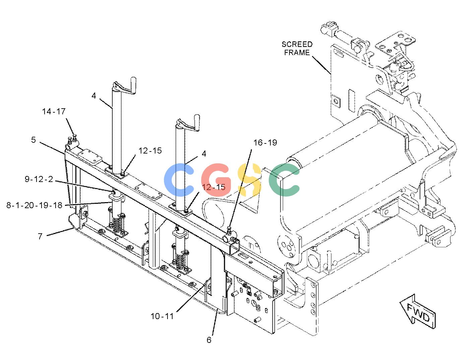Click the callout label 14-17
(x=54, y=112)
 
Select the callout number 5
(x=34, y=140)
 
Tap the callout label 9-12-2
(x=39, y=179)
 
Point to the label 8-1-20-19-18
(x=34, y=205)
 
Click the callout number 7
(x=40, y=236)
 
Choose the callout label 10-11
(x=162, y=316)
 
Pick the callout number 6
(x=209, y=340)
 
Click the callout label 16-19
(x=265, y=142)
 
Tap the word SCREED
(x=297, y=44)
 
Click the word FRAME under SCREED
(x=297, y=52)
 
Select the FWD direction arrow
(x=417, y=312)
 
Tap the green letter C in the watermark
(x=284, y=180)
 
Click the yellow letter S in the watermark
(x=249, y=180)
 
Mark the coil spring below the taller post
(x=117, y=225)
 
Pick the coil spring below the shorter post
(x=181, y=262)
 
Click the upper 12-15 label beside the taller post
(x=150, y=151)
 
